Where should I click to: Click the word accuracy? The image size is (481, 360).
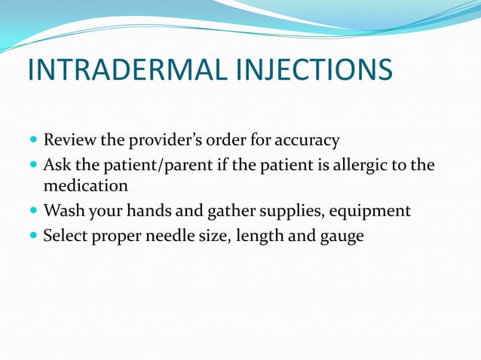pos(305,140)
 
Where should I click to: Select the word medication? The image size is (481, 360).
pos(85,185)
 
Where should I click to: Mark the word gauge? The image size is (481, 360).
pos(340,236)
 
